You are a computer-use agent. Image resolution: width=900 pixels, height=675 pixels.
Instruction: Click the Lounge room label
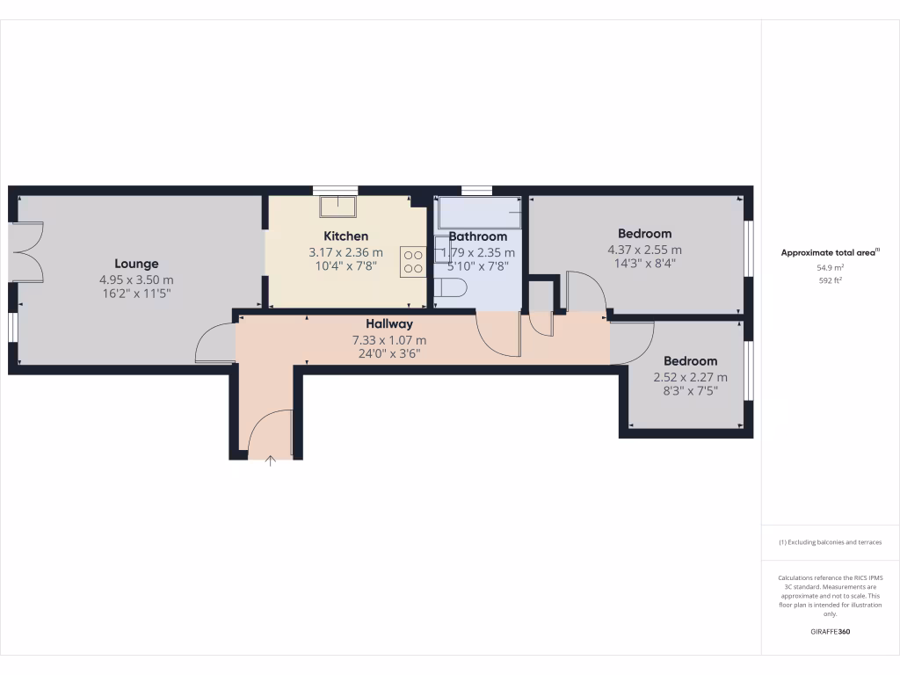point(136,264)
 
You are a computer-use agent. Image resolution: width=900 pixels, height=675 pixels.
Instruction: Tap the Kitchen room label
point(345,236)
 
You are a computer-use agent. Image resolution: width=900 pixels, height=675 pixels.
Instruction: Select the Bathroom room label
point(478,236)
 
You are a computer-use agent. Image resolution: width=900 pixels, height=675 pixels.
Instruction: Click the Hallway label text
point(389,324)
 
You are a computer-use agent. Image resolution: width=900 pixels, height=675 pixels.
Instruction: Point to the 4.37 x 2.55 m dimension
point(644,250)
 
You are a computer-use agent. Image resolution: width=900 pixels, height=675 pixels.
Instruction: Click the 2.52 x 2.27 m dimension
point(690,377)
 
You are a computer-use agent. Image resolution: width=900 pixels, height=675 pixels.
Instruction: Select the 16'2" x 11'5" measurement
point(136,294)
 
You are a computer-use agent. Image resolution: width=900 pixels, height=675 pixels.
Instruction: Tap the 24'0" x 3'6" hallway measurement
point(389,355)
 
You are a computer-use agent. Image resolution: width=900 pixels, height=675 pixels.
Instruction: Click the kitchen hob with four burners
point(413,261)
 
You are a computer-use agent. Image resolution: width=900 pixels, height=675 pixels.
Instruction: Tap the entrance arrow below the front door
point(270,460)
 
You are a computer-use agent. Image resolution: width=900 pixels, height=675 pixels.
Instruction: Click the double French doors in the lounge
point(28,252)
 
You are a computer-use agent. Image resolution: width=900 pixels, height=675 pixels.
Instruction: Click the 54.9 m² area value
point(831,267)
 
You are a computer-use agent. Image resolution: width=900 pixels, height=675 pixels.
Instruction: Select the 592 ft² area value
point(831,281)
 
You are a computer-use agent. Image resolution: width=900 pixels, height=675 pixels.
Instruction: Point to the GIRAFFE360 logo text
point(831,632)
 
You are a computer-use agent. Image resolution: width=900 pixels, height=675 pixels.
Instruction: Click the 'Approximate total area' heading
point(830,252)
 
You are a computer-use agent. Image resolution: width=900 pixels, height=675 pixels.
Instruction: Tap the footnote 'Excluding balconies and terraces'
point(831,542)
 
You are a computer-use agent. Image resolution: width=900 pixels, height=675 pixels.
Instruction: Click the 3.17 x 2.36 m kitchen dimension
point(345,252)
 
